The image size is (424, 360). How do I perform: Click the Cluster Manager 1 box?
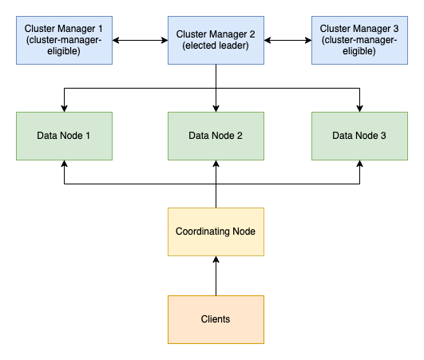[64, 40]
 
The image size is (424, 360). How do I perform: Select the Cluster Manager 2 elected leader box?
[216, 40]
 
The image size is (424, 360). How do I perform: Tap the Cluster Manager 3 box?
[359, 40]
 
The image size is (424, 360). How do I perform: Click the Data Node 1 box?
[64, 136]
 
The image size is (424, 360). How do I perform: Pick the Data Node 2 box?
[216, 136]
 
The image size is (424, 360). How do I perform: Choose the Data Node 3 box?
[359, 136]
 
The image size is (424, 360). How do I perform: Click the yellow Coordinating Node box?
[216, 231]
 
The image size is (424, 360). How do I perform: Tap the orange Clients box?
[216, 319]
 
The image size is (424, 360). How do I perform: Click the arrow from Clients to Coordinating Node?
[216, 276]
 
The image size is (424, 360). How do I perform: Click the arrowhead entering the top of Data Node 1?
[64, 108]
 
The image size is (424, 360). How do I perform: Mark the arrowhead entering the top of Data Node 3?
[359, 108]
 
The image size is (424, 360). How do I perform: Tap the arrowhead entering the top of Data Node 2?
[216, 108]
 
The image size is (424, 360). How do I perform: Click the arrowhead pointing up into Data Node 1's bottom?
[64, 164]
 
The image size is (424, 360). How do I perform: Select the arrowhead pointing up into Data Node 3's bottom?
[359, 164]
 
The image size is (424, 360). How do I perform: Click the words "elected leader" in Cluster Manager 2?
[216, 46]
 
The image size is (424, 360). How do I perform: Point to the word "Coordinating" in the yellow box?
[202, 231]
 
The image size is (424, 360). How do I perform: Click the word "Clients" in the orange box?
[216, 319]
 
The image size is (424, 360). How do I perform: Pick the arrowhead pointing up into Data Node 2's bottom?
[216, 164]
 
